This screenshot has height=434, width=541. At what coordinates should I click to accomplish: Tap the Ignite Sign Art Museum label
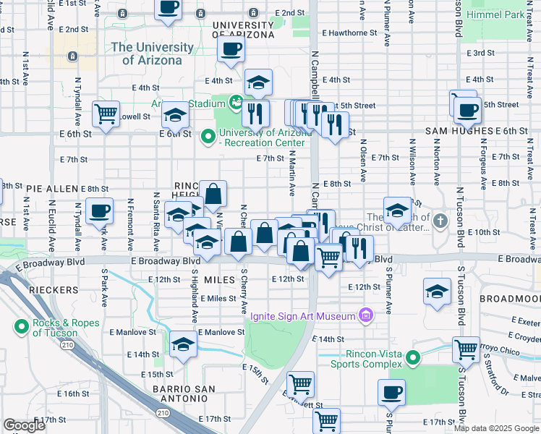point(302,316)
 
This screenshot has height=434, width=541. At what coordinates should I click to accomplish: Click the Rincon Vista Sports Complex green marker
point(412,357)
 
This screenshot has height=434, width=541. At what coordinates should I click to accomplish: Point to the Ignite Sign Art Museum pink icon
point(366,315)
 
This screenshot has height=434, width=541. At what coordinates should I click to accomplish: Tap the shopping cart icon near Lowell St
point(106,113)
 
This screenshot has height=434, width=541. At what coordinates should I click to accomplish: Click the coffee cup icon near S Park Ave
point(99,211)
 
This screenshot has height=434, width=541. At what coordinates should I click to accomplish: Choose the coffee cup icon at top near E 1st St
point(168,8)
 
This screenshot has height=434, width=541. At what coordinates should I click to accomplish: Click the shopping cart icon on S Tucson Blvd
point(466,350)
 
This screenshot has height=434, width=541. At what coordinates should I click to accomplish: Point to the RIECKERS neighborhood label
point(54,289)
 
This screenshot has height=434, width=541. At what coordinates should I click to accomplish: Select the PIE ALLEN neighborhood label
point(52,188)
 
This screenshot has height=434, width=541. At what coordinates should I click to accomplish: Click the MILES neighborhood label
point(220,279)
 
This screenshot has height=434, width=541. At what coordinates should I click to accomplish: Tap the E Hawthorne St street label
point(352,33)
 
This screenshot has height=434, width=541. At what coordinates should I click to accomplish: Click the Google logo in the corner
point(25,425)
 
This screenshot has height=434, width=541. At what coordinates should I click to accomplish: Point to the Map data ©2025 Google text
point(495,428)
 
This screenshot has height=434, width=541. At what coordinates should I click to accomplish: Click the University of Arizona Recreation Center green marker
point(208,135)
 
